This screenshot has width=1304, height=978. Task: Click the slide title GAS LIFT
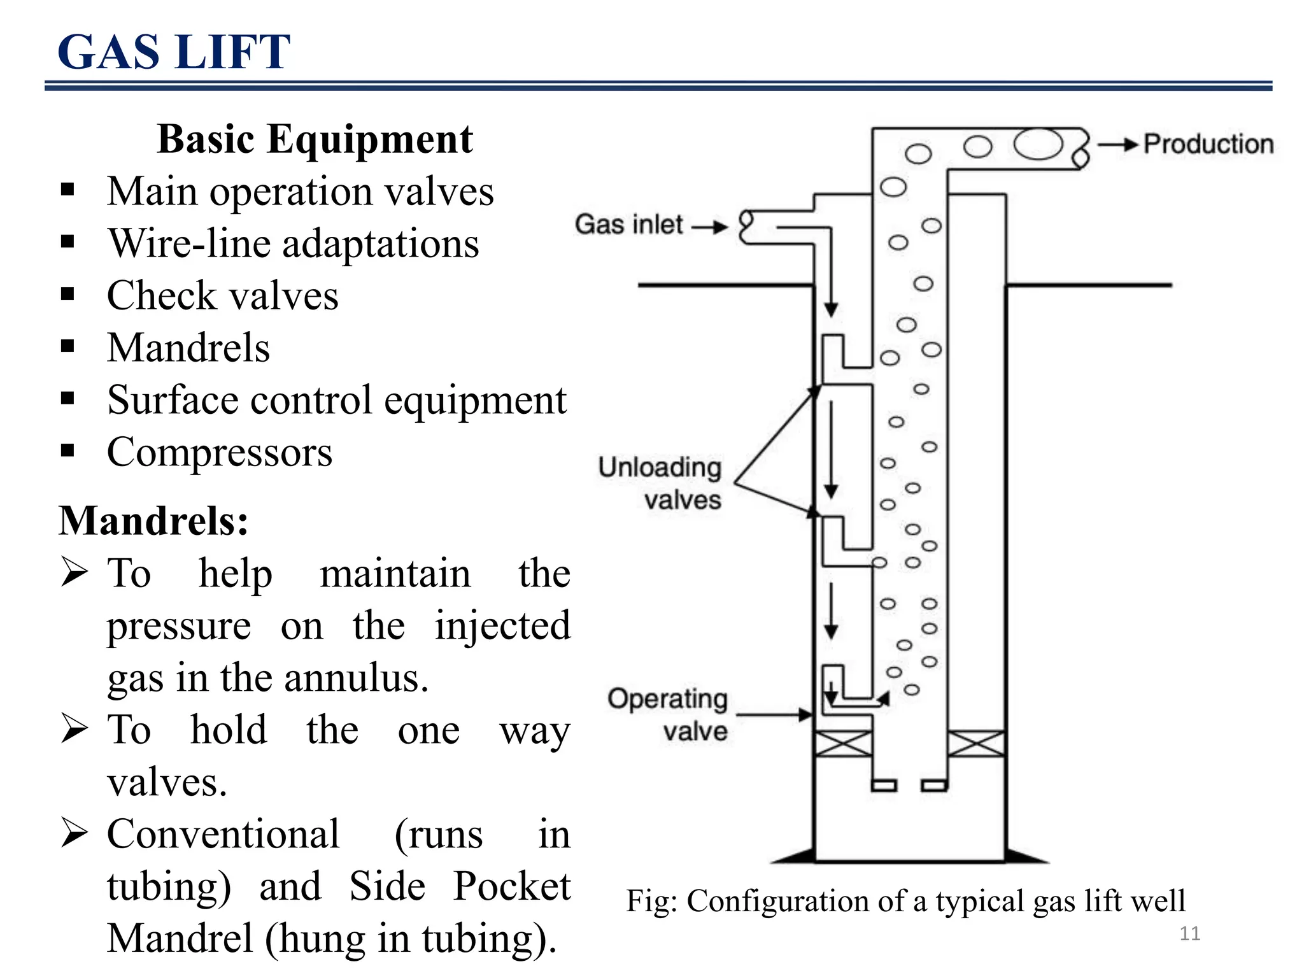click(x=174, y=52)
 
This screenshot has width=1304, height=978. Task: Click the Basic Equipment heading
click(x=315, y=139)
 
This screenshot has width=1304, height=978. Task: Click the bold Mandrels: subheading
click(x=153, y=521)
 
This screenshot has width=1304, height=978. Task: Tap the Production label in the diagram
click(x=1208, y=144)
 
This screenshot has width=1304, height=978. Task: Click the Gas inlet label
click(x=628, y=225)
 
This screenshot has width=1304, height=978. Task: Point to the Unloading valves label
click(x=660, y=483)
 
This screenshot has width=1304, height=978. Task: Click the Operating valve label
click(x=667, y=714)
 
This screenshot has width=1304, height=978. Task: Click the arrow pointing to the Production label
click(x=1118, y=145)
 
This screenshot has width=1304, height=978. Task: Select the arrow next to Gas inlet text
click(x=709, y=227)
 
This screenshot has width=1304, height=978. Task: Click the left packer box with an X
click(x=843, y=744)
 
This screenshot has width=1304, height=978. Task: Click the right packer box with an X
click(x=976, y=744)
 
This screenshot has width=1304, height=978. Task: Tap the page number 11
click(x=1189, y=933)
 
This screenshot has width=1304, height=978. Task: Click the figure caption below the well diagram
click(x=905, y=901)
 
